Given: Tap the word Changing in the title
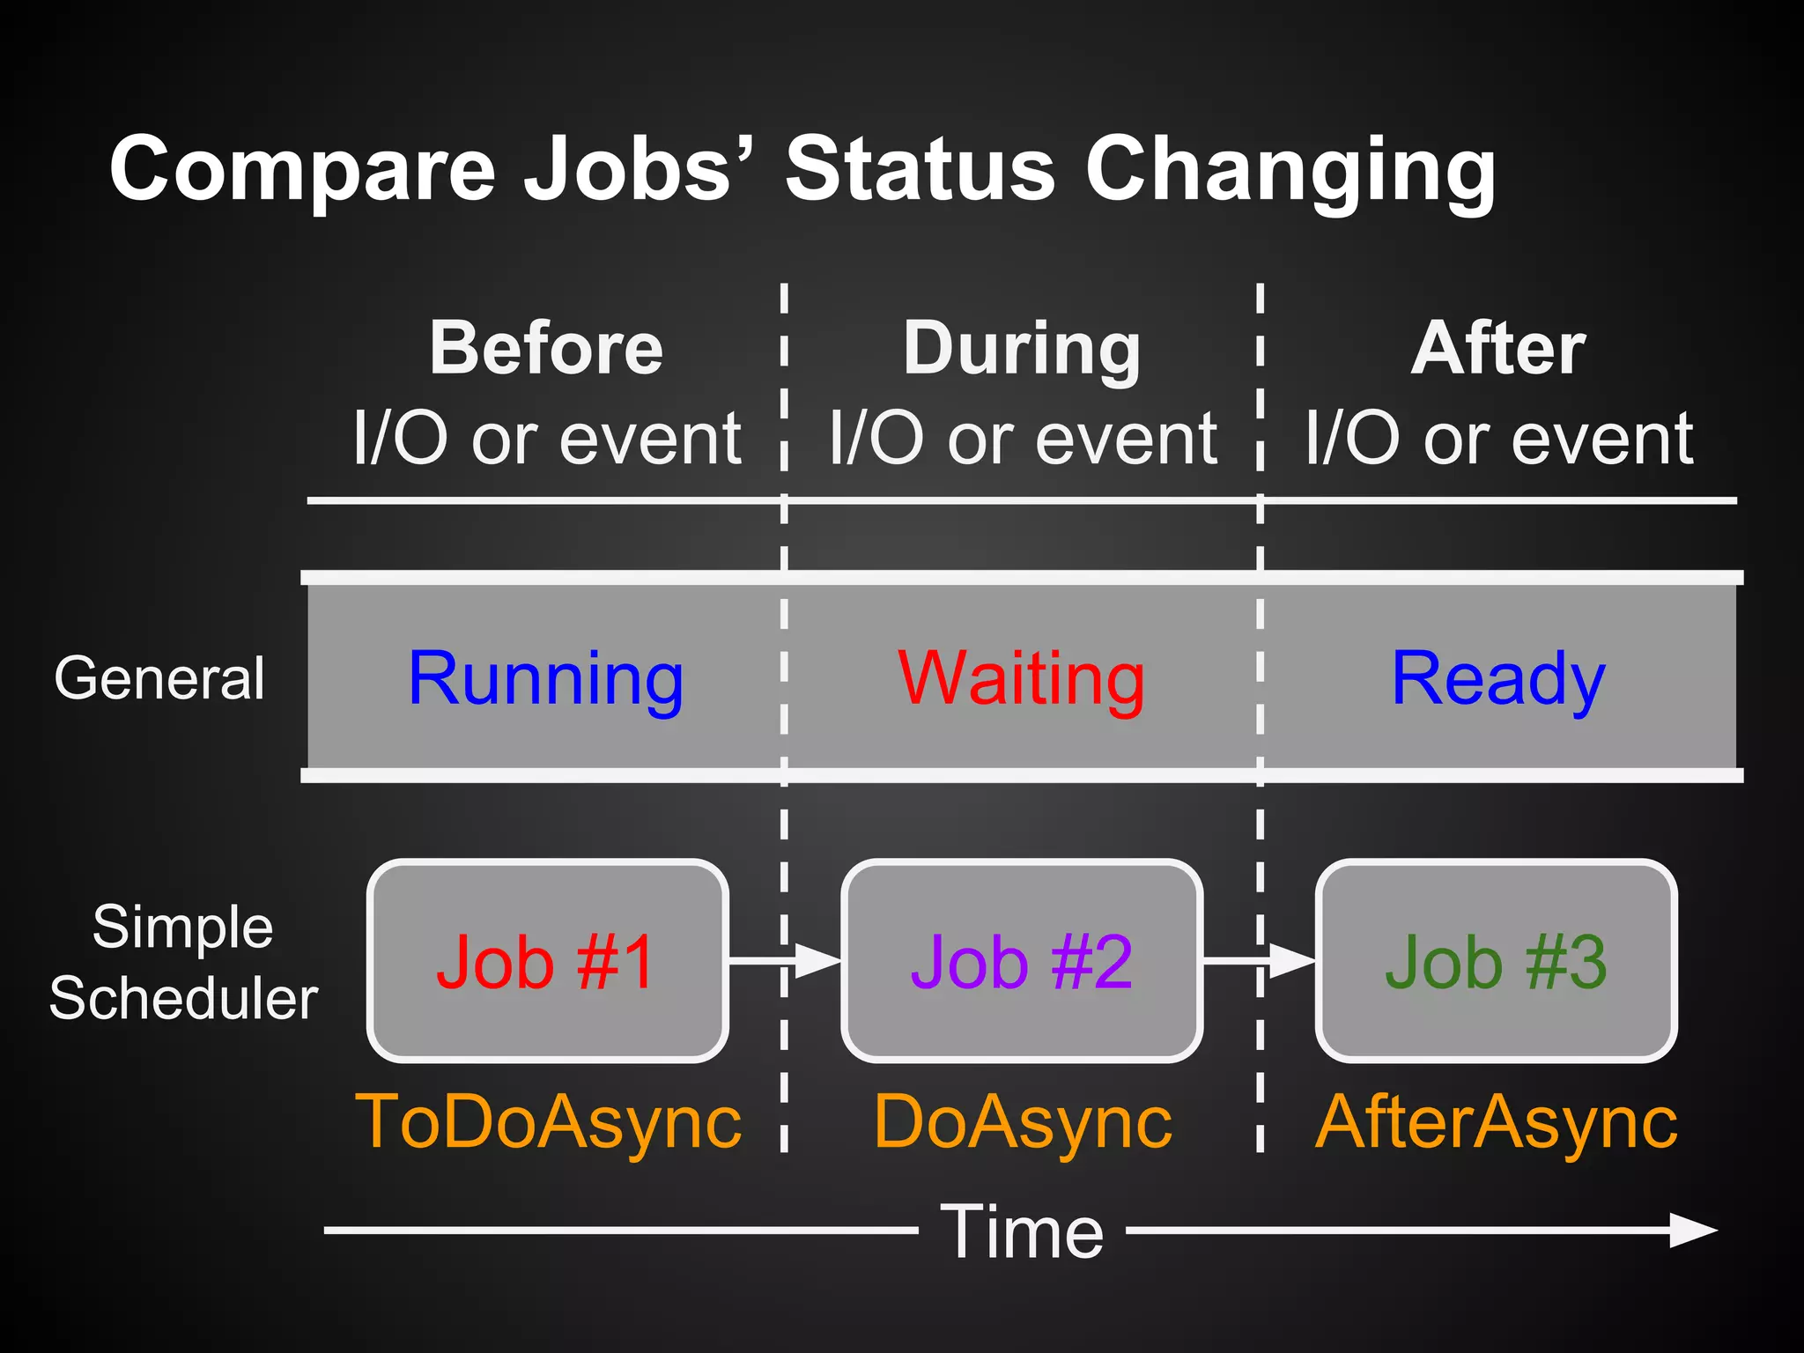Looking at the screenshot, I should pos(1290,169).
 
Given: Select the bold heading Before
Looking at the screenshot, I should pos(546,349).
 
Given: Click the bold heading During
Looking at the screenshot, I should pos(1022,349).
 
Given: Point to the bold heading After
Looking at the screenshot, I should pos(1497,349).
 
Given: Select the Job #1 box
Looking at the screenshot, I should pos(547,961).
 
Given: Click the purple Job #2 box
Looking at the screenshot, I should pos(1022,961).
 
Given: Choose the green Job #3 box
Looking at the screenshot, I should pos(1496,961).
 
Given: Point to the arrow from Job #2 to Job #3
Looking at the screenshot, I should pos(1260,961).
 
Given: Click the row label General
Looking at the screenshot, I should pos(159,678).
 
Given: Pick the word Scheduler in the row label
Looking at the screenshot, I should pos(183,999).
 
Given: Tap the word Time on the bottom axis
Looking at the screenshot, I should pos(1022,1231).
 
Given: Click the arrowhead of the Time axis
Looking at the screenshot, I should pos(1693,1231).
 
